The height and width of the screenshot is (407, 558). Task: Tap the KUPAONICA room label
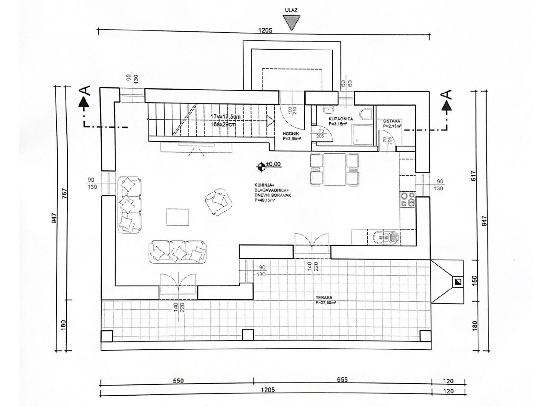tap(341, 119)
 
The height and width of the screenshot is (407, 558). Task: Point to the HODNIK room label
tap(290, 133)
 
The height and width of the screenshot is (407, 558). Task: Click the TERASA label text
tap(324, 298)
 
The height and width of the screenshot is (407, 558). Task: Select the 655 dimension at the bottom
tap(342, 380)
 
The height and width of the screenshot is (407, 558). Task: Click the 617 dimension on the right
tap(474, 175)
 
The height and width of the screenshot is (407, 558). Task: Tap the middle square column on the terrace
tap(248, 335)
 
